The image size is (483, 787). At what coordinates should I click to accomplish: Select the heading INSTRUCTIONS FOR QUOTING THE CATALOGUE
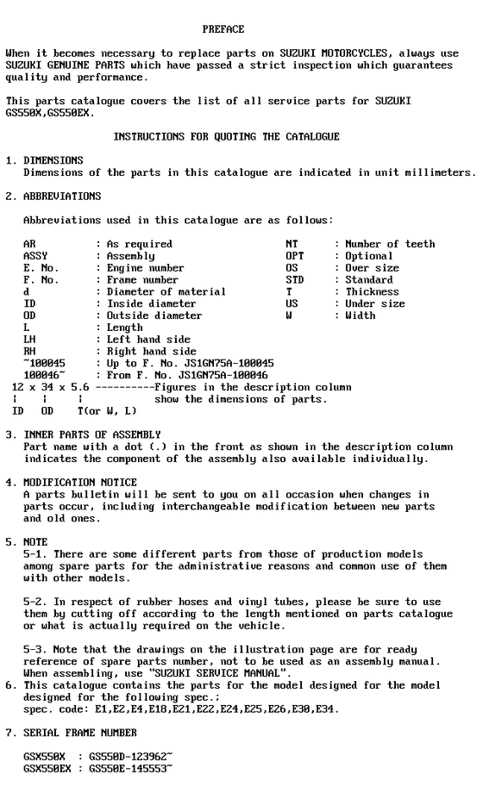coord(227,136)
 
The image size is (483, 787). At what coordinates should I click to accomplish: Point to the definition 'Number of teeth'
coord(391,244)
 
